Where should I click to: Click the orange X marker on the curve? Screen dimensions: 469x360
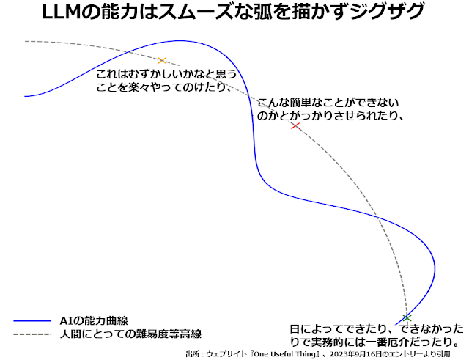163,60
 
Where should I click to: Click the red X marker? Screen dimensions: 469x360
295,126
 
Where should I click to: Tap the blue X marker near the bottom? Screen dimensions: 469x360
407,317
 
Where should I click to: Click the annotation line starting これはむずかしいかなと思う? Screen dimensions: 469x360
166,74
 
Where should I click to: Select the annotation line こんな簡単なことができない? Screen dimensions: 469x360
328,103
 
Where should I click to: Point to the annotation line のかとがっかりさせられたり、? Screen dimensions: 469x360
330,116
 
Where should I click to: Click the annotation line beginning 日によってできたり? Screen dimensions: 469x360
376,329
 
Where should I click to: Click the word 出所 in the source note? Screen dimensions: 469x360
193,354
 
